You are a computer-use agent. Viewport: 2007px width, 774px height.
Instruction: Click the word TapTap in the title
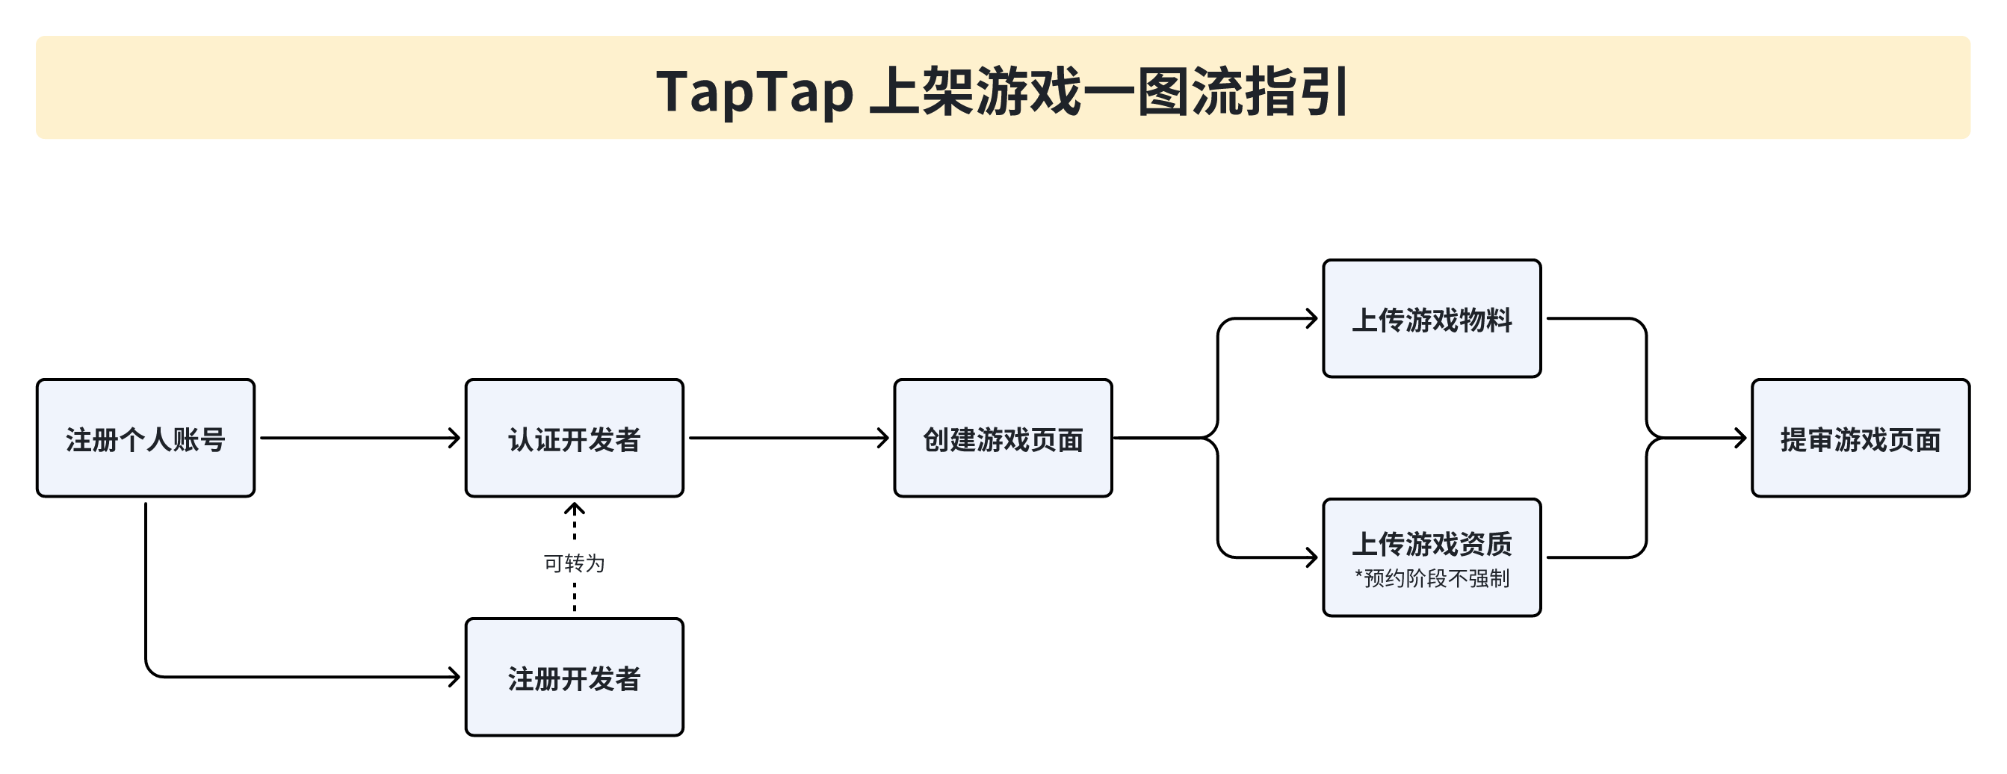tap(754, 92)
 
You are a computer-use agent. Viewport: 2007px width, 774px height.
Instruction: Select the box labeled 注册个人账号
tap(146, 439)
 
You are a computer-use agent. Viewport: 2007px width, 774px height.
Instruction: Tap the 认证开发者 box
tap(574, 439)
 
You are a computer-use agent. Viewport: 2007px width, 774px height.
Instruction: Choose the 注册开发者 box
tap(574, 678)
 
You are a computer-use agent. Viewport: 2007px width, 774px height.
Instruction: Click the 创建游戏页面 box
tap(1003, 439)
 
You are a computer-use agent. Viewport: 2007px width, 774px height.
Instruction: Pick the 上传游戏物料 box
tap(1432, 318)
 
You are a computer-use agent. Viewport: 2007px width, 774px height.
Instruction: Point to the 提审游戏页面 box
tap(1861, 439)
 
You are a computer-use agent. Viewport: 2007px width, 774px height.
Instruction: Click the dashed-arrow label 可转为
tap(574, 563)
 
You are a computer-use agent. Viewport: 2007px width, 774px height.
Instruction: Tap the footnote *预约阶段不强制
tap(1432, 578)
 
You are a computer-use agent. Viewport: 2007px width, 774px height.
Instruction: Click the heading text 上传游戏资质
tap(1432, 543)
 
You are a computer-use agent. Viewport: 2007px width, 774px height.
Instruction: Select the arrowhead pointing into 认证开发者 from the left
tap(454, 439)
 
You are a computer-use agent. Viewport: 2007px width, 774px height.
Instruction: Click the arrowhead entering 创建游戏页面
tap(882, 439)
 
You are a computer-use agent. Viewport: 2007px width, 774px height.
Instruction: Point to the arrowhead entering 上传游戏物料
tap(1311, 318)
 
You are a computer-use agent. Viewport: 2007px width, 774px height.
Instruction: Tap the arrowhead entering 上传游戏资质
tap(1311, 557)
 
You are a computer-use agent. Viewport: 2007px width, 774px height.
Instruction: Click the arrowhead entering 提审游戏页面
tap(1739, 439)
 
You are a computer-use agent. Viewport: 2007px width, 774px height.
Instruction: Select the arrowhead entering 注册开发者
tap(454, 678)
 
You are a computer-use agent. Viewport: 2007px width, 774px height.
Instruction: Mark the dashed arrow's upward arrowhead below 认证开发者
tap(574, 509)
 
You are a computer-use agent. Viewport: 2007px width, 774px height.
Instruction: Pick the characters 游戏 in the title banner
tap(1028, 92)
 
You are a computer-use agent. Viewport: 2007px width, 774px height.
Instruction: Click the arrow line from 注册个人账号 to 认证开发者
tap(361, 439)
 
